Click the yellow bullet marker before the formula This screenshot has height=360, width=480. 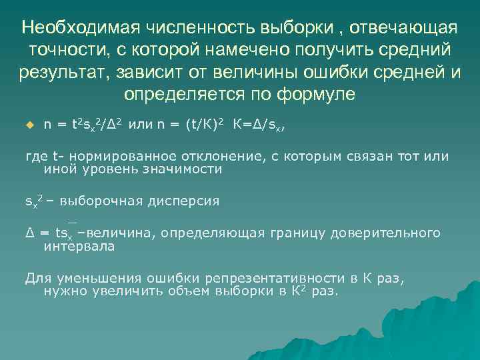tap(29, 124)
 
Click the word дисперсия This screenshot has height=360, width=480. tap(183, 201)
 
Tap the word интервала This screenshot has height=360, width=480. tap(79, 246)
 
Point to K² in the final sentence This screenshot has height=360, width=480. tap(298, 291)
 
